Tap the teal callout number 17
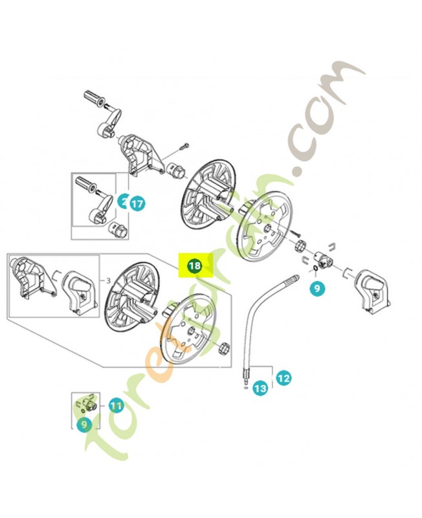click(x=137, y=203)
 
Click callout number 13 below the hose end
click(x=260, y=388)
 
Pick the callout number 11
click(x=115, y=406)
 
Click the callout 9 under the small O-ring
click(x=316, y=289)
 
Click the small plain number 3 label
click(x=109, y=280)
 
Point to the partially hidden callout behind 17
click(x=123, y=201)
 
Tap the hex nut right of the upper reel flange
click(x=300, y=247)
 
